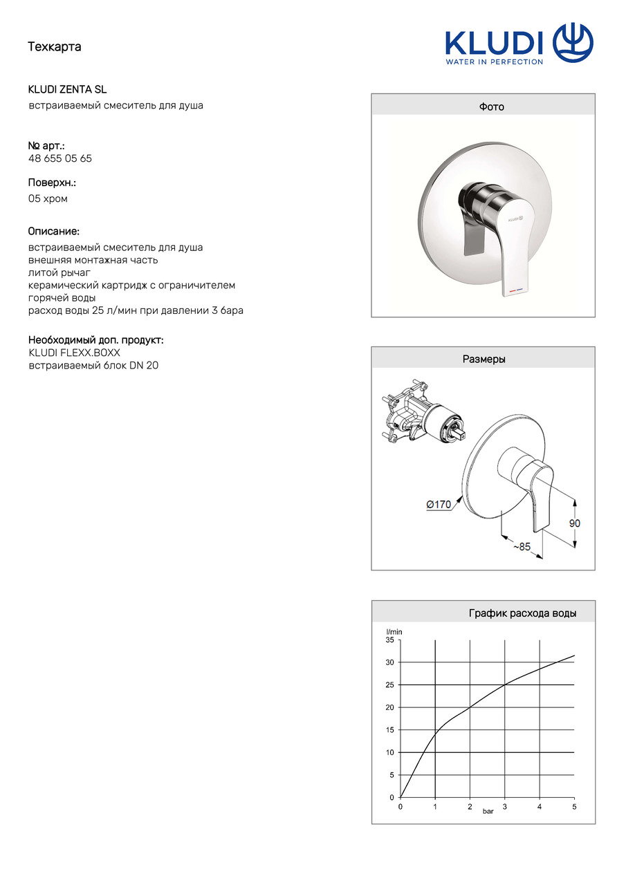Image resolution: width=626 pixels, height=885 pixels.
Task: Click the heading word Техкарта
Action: (x=55, y=47)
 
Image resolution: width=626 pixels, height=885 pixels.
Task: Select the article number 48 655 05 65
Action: (x=60, y=158)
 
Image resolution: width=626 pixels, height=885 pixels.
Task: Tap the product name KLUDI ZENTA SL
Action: (x=67, y=90)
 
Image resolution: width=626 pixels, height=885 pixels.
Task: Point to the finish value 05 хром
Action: (x=48, y=199)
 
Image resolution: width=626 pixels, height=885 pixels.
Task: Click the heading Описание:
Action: (x=53, y=231)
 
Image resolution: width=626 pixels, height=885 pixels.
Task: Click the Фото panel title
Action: (x=491, y=107)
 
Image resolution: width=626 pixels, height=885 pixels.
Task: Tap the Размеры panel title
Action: (x=484, y=360)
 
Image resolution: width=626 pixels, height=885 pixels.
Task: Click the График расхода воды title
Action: (x=522, y=613)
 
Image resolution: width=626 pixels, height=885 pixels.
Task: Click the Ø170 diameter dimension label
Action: (x=439, y=505)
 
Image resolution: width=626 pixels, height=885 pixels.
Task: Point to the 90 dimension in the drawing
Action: (x=575, y=523)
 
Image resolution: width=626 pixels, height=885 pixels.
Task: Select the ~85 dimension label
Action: (x=522, y=547)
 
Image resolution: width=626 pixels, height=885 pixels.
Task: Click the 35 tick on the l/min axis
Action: (x=389, y=640)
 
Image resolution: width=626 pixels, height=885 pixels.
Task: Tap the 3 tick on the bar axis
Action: (x=504, y=807)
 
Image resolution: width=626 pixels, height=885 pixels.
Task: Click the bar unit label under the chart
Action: (x=488, y=812)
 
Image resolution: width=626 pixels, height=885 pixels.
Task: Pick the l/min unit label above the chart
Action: (x=394, y=631)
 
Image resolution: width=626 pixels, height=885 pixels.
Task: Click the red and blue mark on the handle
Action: (x=513, y=291)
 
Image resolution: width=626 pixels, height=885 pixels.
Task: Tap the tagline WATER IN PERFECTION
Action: (x=494, y=62)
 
